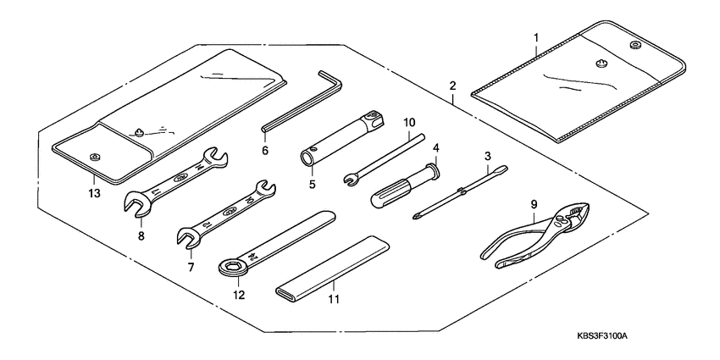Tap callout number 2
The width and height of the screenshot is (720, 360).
(x=452, y=86)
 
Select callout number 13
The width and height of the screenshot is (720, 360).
(x=93, y=193)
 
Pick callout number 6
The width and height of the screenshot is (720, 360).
(x=265, y=151)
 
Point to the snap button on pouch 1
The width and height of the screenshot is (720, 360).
(x=634, y=44)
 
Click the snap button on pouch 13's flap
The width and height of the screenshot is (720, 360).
(x=95, y=154)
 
